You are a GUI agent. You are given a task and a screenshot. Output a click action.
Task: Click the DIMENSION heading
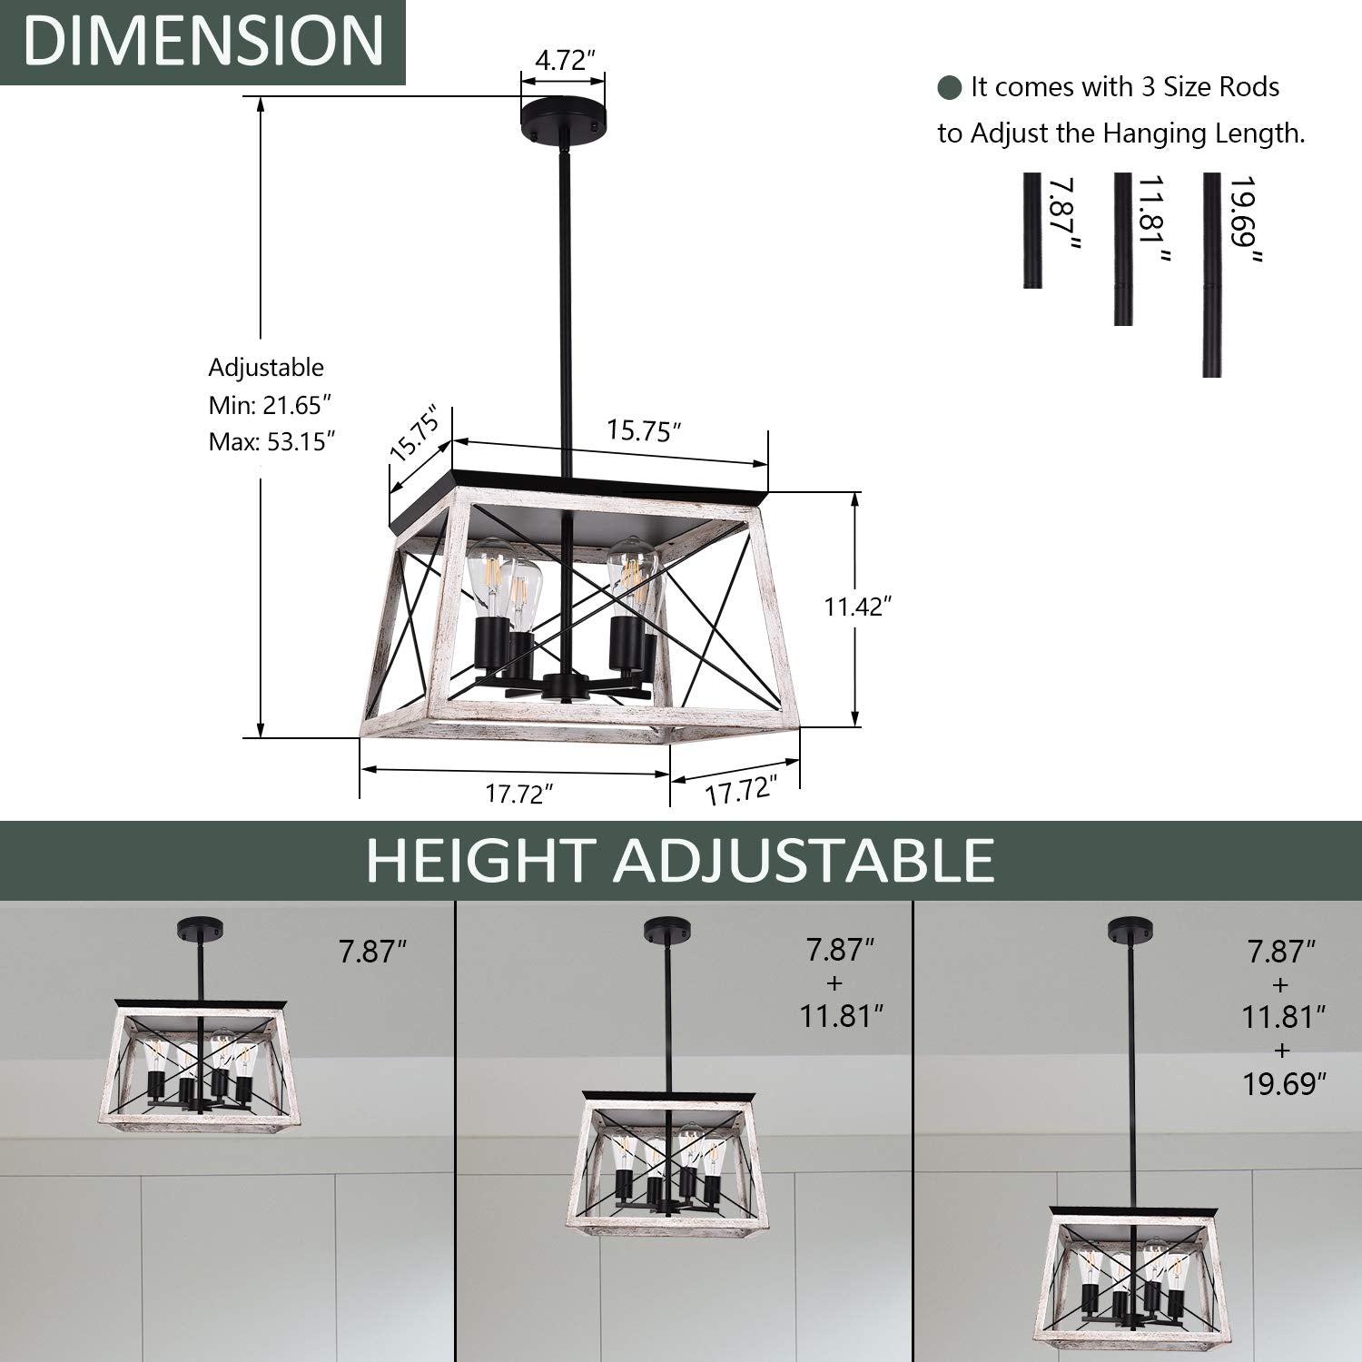point(202,41)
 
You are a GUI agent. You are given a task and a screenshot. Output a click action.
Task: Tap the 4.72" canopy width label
point(564,61)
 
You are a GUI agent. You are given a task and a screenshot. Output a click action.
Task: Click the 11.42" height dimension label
point(854,607)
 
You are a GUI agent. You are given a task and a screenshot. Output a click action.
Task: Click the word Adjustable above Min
point(266,368)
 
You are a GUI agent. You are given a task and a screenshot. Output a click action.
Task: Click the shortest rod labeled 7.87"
point(1032,231)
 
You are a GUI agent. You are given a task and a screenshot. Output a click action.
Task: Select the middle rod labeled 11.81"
point(1123,249)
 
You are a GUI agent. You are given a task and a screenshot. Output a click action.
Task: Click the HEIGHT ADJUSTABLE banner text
point(680,861)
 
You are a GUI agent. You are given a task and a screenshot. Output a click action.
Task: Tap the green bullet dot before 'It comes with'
point(950,88)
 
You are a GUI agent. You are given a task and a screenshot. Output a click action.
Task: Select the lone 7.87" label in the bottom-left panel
point(372,952)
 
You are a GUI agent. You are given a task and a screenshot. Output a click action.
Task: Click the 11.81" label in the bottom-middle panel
point(841,1016)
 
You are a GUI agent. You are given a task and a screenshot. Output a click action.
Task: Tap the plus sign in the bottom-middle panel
point(836,983)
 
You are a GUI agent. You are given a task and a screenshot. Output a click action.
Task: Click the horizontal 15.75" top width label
point(644,429)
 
